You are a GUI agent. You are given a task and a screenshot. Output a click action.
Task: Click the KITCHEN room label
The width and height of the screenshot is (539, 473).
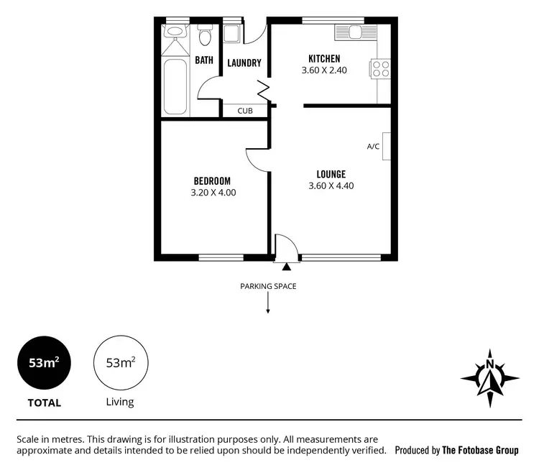[323, 58]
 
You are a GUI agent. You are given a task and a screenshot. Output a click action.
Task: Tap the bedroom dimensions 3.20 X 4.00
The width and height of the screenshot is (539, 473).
[213, 193]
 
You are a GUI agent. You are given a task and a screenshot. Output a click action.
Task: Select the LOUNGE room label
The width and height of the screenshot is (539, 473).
[331, 174]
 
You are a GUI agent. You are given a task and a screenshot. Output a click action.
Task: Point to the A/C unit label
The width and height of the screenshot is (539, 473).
[373, 147]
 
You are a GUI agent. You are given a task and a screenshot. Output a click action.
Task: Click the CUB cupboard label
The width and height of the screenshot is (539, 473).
[244, 111]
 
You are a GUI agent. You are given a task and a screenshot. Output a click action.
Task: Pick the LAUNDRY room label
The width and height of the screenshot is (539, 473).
[244, 63]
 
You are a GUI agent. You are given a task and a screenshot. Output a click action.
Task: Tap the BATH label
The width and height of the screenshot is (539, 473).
[204, 60]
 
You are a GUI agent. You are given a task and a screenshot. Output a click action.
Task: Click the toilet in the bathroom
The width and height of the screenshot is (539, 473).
[204, 36]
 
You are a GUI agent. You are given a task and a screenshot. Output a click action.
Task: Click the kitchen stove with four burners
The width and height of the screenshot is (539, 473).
[381, 69]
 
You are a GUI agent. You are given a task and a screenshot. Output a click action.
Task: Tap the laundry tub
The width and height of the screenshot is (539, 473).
[232, 35]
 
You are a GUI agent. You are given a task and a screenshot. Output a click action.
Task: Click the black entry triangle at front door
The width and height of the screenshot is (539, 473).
[286, 267]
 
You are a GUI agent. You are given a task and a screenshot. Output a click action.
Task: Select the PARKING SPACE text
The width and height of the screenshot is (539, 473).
[268, 286]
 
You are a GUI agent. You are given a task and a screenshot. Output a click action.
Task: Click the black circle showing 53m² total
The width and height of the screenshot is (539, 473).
[44, 363]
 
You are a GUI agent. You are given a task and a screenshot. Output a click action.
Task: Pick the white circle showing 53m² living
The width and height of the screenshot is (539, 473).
[120, 363]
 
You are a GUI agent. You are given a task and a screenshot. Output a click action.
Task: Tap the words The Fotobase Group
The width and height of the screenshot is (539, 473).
[480, 451]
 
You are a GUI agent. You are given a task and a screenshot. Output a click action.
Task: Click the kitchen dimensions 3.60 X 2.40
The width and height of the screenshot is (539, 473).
[323, 70]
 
